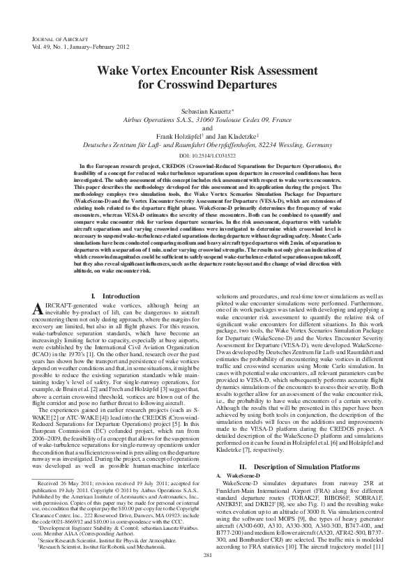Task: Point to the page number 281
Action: coord(207,554)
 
